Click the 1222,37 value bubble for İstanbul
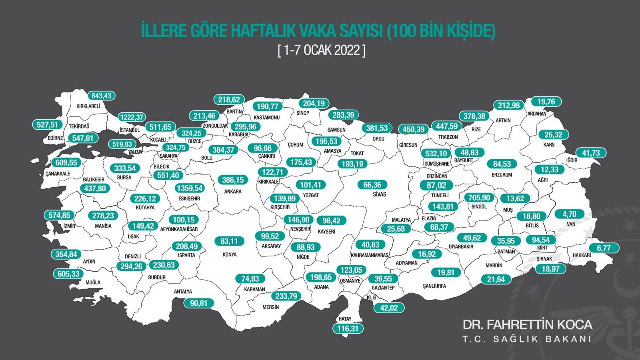[132, 117]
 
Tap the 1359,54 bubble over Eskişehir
[190, 188]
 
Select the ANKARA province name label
[233, 192]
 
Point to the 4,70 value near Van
[570, 214]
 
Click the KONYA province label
[229, 254]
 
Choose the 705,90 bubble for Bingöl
[479, 198]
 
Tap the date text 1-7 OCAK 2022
[322, 50]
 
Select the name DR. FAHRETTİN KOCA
[527, 324]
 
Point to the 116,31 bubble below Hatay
[348, 328]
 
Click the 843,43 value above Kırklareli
[101, 96]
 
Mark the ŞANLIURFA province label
[434, 286]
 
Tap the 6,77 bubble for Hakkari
[604, 248]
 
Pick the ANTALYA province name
[183, 292]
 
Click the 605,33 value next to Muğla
[68, 274]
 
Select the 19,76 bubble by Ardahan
[546, 102]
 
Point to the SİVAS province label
[379, 194]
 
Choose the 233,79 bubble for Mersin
[286, 296]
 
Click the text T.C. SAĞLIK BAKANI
[527, 339]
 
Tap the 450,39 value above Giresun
[413, 129]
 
